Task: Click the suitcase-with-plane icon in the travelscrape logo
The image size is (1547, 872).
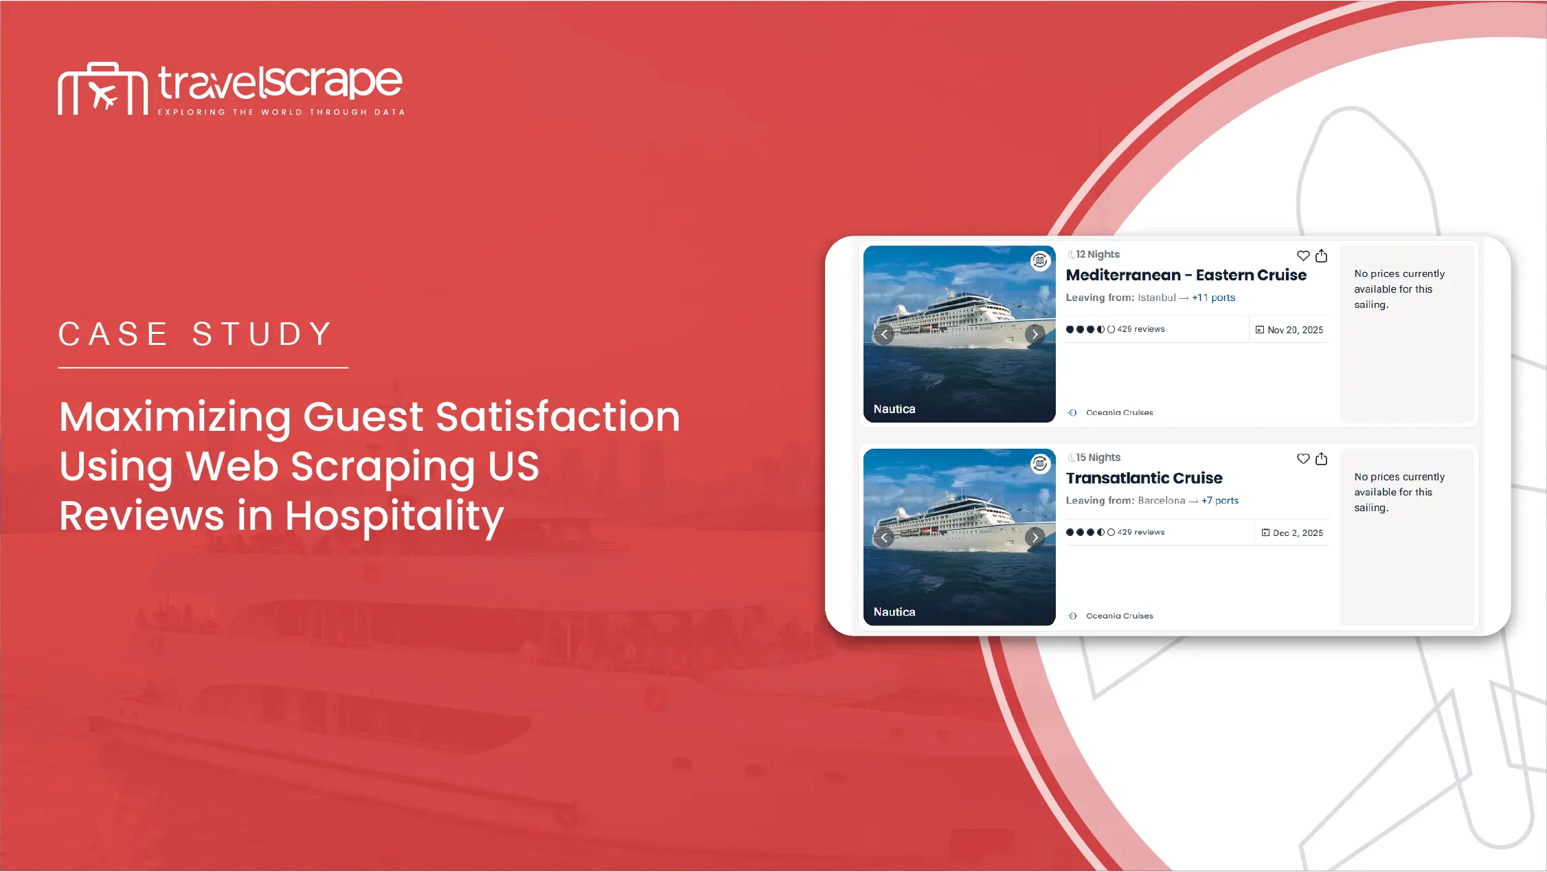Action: click(103, 89)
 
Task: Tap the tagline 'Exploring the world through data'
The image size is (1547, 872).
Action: click(282, 112)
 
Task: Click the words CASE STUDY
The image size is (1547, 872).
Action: click(196, 335)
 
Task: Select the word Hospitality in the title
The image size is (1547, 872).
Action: click(394, 517)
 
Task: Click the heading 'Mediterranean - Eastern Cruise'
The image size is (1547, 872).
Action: click(1186, 275)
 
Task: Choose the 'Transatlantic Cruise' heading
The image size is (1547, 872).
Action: click(1144, 478)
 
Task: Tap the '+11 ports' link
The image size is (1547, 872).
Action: click(1214, 298)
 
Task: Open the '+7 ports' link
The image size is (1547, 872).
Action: click(1220, 501)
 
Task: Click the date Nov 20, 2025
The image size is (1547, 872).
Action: click(1295, 330)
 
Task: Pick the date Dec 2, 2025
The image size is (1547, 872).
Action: click(1298, 533)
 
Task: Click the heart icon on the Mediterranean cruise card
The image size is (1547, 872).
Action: click(1303, 256)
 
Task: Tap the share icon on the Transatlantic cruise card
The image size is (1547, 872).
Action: click(1322, 458)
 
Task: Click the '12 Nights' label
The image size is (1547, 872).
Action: click(1098, 254)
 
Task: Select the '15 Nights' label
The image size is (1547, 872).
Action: click(1098, 458)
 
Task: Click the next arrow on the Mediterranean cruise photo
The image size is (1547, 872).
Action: click(1035, 334)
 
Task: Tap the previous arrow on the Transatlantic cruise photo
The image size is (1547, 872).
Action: click(884, 537)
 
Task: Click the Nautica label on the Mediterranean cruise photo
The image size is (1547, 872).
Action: click(894, 409)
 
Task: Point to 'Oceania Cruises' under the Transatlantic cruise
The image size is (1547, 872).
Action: click(1120, 616)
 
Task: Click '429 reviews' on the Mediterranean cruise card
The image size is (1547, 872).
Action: click(1141, 329)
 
